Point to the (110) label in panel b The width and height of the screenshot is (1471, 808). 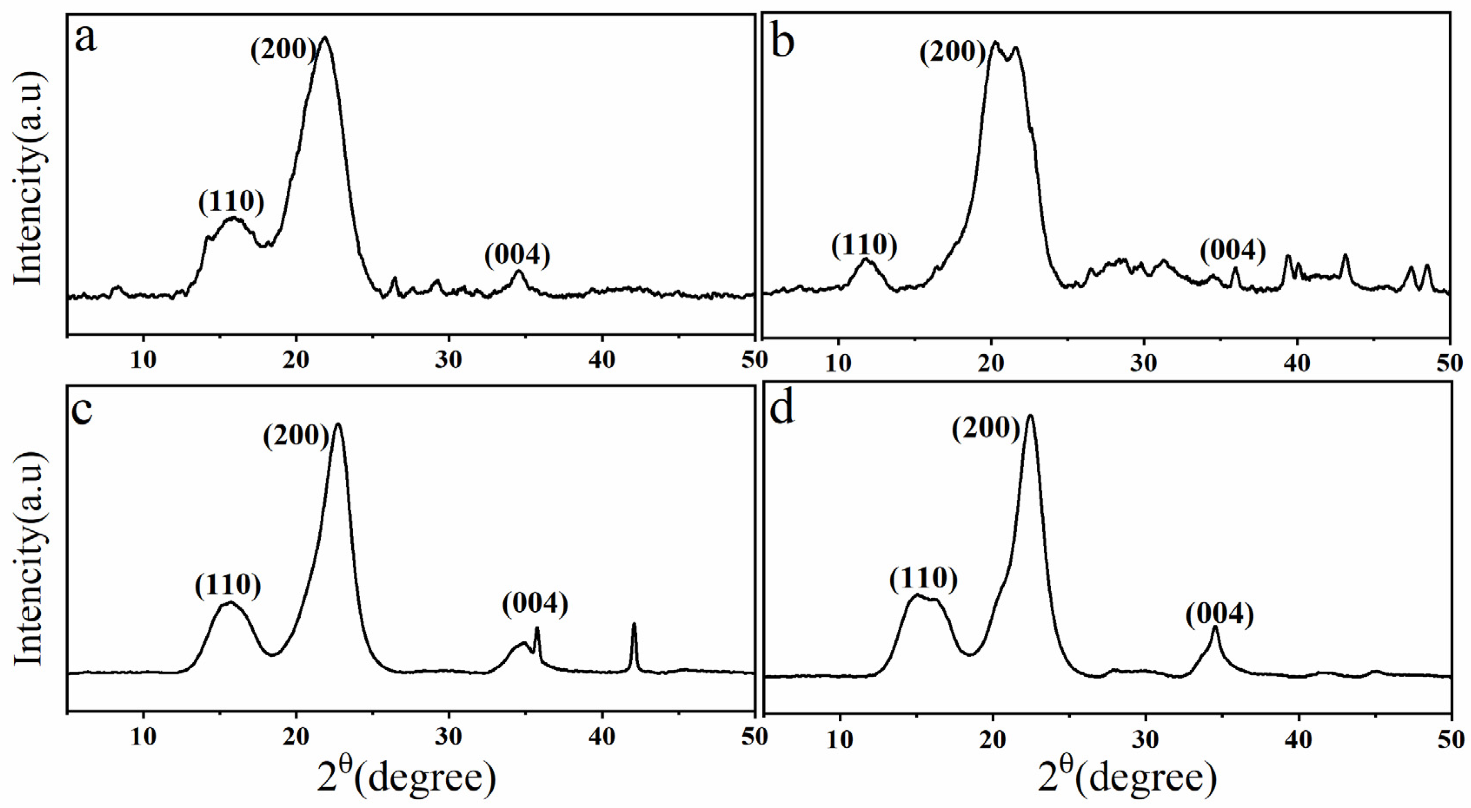point(864,245)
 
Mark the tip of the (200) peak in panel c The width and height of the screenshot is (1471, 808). point(338,424)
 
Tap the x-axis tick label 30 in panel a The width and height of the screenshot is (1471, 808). point(449,360)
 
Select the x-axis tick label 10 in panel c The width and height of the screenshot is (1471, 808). point(143,737)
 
